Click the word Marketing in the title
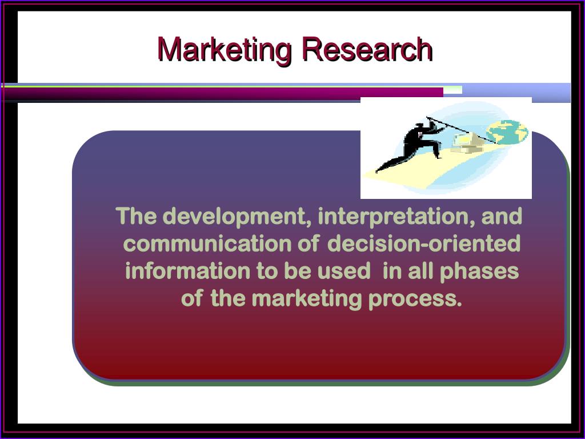(x=225, y=50)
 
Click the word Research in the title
(x=367, y=49)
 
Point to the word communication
(x=207, y=244)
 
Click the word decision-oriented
(x=424, y=244)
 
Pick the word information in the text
(x=187, y=270)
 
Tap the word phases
(x=479, y=272)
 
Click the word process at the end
(x=415, y=299)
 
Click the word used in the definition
(x=344, y=270)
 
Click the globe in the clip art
(x=507, y=132)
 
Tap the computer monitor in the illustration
(x=463, y=141)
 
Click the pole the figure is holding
(x=462, y=130)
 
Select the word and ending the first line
(x=502, y=216)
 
